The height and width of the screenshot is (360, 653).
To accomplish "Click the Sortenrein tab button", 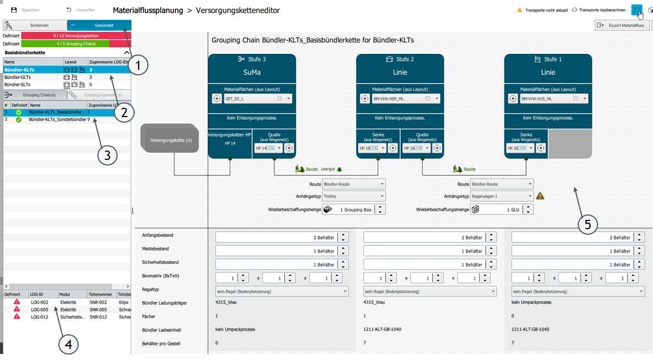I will pyautogui.click(x=35, y=25).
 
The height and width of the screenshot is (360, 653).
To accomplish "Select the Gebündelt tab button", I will pyautogui.click(x=99, y=25).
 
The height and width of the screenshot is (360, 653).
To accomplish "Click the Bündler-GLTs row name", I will pyautogui.click(x=17, y=77).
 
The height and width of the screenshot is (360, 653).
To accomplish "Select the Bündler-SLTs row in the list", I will pyautogui.click(x=17, y=85).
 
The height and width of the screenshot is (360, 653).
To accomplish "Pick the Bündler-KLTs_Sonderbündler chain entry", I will pyautogui.click(x=57, y=119).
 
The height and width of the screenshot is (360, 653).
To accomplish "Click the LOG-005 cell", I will pyautogui.click(x=40, y=309).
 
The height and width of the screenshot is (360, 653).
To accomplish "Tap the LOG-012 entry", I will pyautogui.click(x=40, y=317).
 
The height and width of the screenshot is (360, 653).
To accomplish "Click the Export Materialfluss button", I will pyautogui.click(x=621, y=25).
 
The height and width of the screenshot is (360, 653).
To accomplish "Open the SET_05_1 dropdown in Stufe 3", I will pyautogui.click(x=257, y=99).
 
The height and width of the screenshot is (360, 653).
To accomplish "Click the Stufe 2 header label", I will pyautogui.click(x=405, y=59).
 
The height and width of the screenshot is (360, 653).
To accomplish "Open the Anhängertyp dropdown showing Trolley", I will pyautogui.click(x=353, y=196).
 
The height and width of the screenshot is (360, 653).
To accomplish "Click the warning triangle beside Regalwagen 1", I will pyautogui.click(x=540, y=196).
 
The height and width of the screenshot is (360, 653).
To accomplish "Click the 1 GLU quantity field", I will pyautogui.click(x=497, y=209).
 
